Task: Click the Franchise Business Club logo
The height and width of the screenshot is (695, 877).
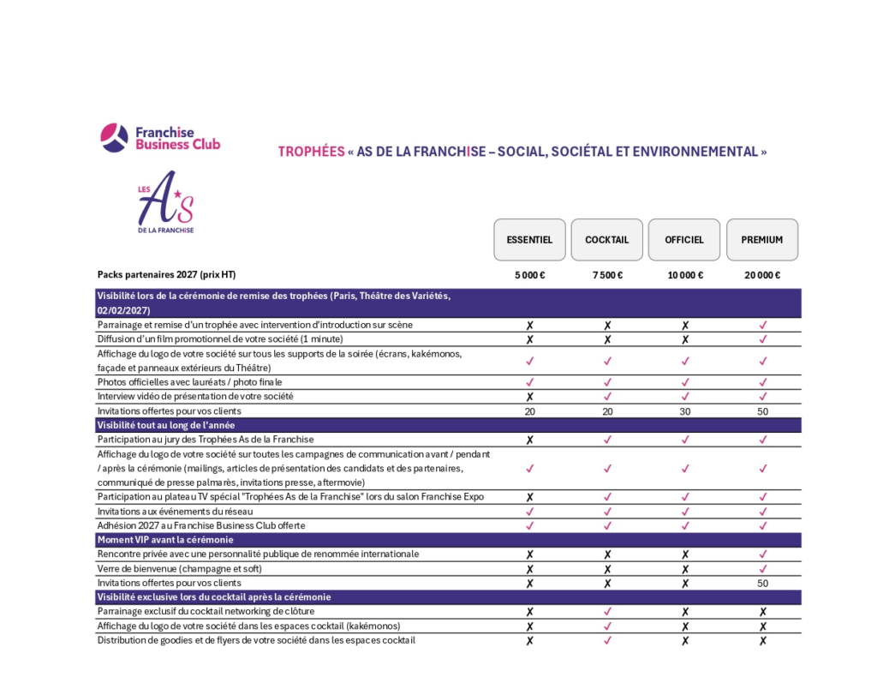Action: tap(160, 138)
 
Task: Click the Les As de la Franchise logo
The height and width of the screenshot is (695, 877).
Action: tap(166, 202)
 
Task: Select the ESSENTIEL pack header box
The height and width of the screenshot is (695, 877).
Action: tap(529, 240)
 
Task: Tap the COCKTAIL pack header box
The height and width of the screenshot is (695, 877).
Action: tap(606, 240)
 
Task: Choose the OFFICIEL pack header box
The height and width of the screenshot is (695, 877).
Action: tap(684, 240)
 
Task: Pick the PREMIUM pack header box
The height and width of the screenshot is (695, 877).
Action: tap(762, 240)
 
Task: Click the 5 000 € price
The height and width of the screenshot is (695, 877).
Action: tap(529, 275)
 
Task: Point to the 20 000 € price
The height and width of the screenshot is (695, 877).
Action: tap(762, 275)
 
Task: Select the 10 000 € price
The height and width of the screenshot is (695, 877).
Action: tap(684, 275)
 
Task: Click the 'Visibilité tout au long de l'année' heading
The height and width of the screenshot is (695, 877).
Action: tap(166, 425)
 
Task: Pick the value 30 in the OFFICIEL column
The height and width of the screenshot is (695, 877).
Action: tap(684, 411)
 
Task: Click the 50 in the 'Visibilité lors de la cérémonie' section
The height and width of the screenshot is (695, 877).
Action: tap(762, 411)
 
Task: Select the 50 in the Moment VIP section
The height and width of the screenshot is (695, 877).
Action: tap(762, 583)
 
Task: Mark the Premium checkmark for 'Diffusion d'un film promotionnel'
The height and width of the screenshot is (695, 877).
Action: tap(762, 339)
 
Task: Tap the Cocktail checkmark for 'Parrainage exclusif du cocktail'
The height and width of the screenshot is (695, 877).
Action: tap(606, 612)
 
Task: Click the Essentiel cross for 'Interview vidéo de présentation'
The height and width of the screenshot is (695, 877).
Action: tap(529, 397)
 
